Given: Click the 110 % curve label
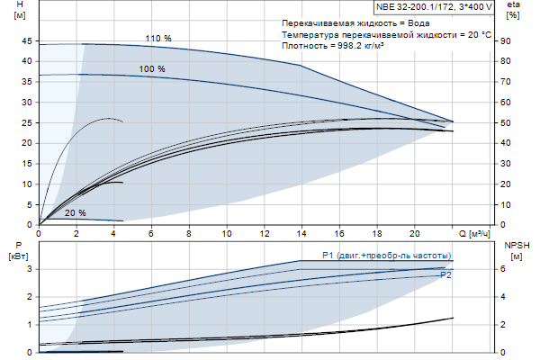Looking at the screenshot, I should coord(157,38).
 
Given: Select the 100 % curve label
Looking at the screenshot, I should coord(152,69).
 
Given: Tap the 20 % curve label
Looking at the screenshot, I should coord(76,213).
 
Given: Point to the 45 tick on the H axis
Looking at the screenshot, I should coord(27,40).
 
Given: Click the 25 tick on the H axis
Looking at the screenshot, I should coord(27,122).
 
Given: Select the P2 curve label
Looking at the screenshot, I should coord(445,274).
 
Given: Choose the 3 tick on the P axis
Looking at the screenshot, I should coord(30,269).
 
